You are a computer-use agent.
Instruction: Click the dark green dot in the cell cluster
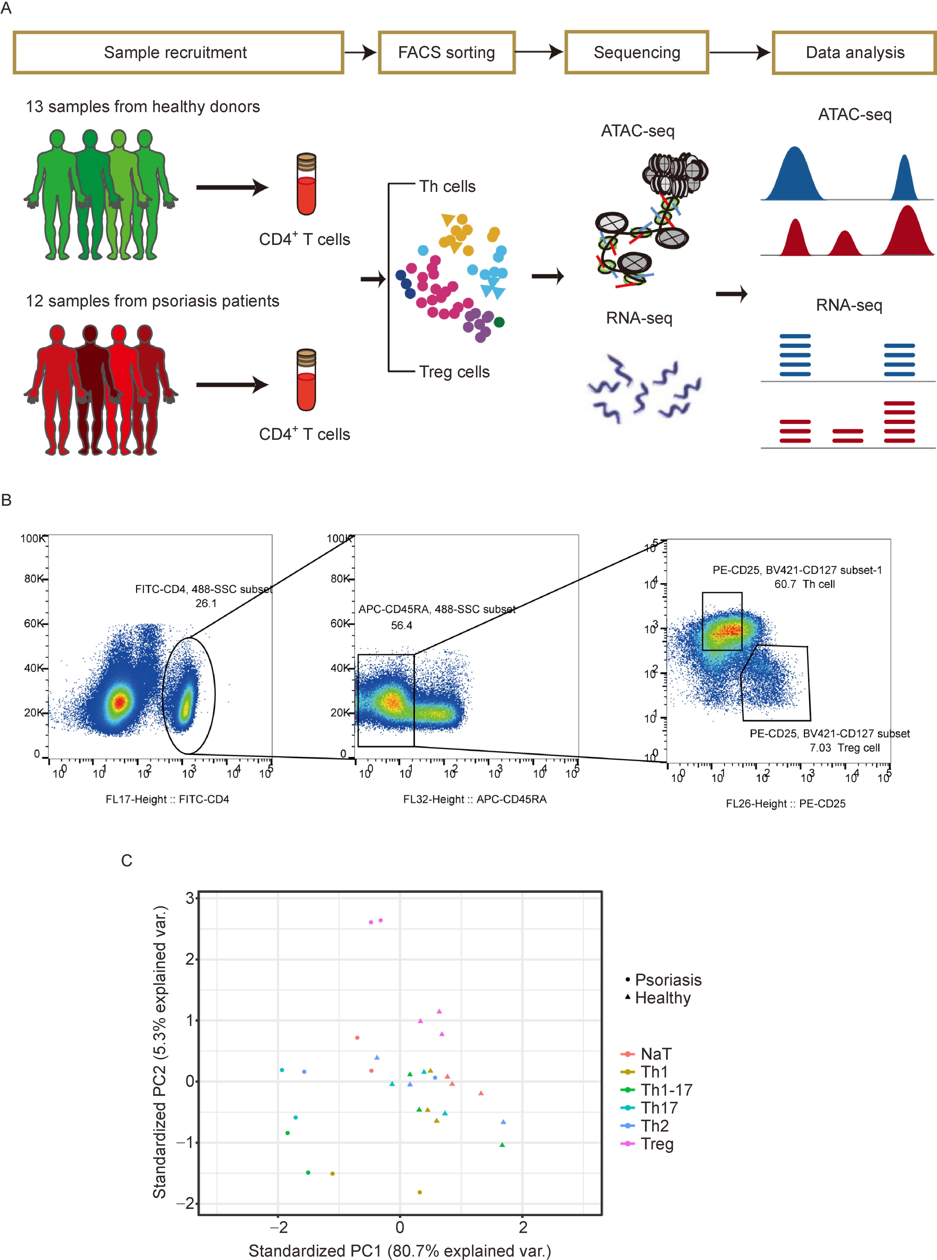tap(499, 322)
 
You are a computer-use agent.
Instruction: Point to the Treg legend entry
tap(656, 1144)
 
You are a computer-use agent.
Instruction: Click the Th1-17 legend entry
tap(665, 1090)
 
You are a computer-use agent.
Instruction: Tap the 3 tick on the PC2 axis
tap(190, 898)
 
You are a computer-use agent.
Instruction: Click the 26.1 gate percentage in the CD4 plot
tap(206, 603)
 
